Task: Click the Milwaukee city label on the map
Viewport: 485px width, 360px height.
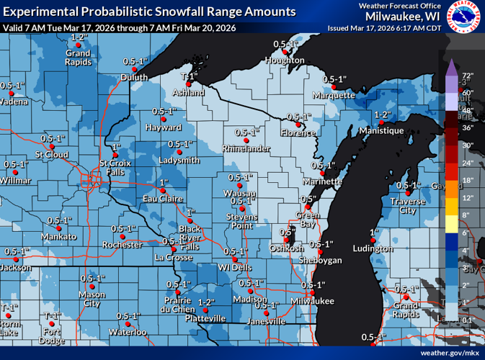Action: tap(313, 300)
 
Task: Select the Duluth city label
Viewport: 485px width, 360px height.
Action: tap(134, 78)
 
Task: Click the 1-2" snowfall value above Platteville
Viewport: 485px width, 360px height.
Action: tap(206, 302)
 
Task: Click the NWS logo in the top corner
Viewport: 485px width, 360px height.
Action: tap(466, 17)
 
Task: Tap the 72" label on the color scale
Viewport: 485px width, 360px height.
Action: tap(466, 75)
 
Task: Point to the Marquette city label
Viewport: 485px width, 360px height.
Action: tap(334, 95)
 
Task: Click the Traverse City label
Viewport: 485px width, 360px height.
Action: tap(408, 206)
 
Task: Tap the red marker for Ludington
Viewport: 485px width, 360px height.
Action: tap(373, 240)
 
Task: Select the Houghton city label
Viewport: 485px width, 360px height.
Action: tap(285, 60)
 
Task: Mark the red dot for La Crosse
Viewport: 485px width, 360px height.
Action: tap(173, 248)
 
